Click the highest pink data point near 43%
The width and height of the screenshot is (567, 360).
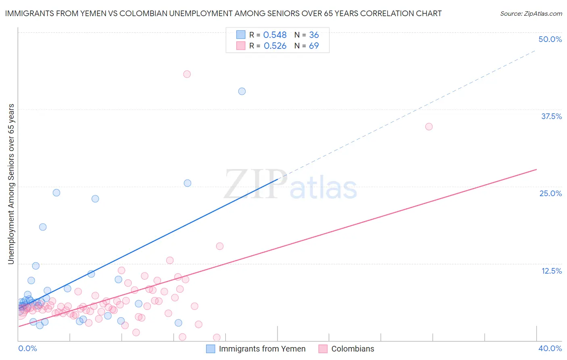187,74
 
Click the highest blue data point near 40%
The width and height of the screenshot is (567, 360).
242,91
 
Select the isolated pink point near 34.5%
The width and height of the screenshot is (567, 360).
429,127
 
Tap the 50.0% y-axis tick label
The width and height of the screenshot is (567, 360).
550,39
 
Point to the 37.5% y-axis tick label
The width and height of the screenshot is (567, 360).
551,116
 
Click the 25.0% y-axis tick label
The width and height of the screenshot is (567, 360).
550,193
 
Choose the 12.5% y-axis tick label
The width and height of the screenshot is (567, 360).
551,271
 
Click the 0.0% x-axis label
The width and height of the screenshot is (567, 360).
27,348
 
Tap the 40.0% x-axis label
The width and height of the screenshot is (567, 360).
550,348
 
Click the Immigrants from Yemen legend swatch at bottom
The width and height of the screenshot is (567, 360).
211,349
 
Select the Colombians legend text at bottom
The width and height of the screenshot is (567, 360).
352,349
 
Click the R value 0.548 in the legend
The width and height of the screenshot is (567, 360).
275,35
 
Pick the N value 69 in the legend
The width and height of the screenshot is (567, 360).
314,46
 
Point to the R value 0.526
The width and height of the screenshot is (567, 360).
275,46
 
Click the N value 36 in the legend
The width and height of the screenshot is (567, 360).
314,35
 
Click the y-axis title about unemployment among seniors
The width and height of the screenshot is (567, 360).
11,184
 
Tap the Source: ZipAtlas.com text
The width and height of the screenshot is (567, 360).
531,14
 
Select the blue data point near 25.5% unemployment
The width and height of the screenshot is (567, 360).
188,183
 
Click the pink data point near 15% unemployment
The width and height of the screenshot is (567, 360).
220,246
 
